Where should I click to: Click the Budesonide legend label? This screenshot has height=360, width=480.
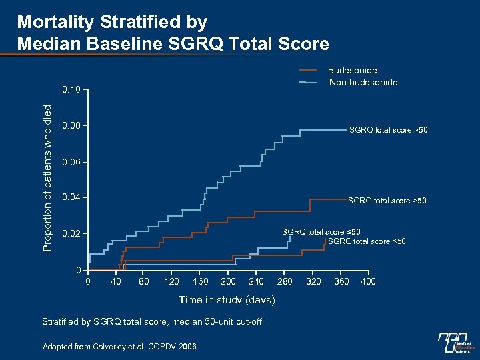(x=353, y=70)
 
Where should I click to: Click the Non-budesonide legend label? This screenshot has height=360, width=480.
(x=363, y=82)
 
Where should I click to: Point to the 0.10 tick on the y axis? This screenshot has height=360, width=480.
(x=71, y=89)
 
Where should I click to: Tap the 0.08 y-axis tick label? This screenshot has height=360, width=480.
(x=71, y=125)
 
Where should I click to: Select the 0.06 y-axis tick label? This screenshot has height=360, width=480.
(x=71, y=163)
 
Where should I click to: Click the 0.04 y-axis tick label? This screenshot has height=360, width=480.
(x=71, y=198)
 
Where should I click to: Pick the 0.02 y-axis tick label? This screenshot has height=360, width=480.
(x=71, y=235)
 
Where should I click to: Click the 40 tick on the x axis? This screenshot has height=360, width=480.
(x=116, y=281)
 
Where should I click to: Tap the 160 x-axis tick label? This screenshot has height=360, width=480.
(x=201, y=281)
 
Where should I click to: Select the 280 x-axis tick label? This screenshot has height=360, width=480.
(x=285, y=281)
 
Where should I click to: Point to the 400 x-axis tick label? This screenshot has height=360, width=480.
(x=367, y=281)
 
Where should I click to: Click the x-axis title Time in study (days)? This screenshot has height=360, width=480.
(x=227, y=300)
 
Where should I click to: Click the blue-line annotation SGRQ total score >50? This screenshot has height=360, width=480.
(x=388, y=130)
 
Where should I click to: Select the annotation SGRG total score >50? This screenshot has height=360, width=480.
(x=387, y=200)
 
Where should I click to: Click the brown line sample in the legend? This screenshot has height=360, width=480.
(x=308, y=70)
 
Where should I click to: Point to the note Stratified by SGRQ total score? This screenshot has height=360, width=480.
(x=151, y=322)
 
